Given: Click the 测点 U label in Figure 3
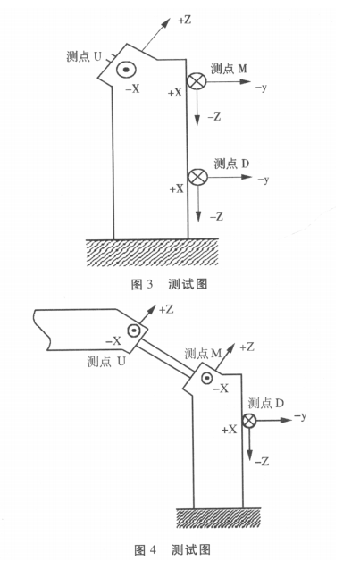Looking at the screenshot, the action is [x=84, y=56].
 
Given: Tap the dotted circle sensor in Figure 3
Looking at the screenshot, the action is [x=126, y=70].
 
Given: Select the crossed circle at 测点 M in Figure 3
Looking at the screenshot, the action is [x=197, y=81].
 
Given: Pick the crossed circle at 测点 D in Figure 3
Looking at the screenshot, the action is [x=198, y=178].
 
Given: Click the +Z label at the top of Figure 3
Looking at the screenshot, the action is [x=184, y=20].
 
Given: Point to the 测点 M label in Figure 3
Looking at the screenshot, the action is [x=229, y=68].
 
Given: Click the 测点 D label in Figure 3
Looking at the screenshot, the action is [x=231, y=163].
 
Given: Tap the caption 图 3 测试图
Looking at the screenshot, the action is [x=169, y=284].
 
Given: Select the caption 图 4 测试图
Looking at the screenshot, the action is [x=172, y=549].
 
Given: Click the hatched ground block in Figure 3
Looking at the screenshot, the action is [x=152, y=253].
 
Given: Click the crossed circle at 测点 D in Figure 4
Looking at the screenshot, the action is [x=249, y=421].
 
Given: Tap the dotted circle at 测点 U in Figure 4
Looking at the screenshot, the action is [x=134, y=331].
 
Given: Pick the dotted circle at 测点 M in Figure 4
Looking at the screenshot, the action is [x=207, y=379].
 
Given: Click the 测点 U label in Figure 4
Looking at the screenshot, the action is [x=106, y=361].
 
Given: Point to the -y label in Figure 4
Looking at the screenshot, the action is [x=300, y=416].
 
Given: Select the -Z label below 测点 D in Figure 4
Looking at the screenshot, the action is [x=262, y=462].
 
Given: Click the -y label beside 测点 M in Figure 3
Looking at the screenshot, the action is [x=261, y=88].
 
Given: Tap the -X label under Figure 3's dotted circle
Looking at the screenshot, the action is [x=132, y=88].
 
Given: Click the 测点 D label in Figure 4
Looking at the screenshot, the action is [x=265, y=403].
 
